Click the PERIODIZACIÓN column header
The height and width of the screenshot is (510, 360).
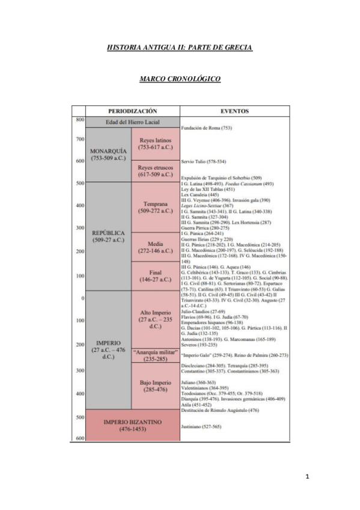pos(132,111)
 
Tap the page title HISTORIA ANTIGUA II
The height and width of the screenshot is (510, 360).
pos(180,47)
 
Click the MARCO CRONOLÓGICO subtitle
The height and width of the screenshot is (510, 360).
pos(180,79)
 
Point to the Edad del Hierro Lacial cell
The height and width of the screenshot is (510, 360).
pos(132,122)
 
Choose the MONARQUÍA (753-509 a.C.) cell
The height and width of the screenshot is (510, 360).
pos(108,154)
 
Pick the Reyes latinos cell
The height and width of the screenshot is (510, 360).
pos(155,143)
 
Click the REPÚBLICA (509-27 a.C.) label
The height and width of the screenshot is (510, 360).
pos(108,236)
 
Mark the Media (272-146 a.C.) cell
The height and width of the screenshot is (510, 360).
pos(155,247)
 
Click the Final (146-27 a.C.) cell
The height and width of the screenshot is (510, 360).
pos(155,275)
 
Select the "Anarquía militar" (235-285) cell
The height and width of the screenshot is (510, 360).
pos(155,355)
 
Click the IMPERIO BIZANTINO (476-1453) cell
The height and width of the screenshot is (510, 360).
pos(132,426)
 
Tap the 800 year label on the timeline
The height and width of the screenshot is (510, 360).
pos(79,120)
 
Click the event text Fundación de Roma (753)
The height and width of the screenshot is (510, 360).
pos(206,128)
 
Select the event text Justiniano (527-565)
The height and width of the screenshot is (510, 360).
pos(201,426)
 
